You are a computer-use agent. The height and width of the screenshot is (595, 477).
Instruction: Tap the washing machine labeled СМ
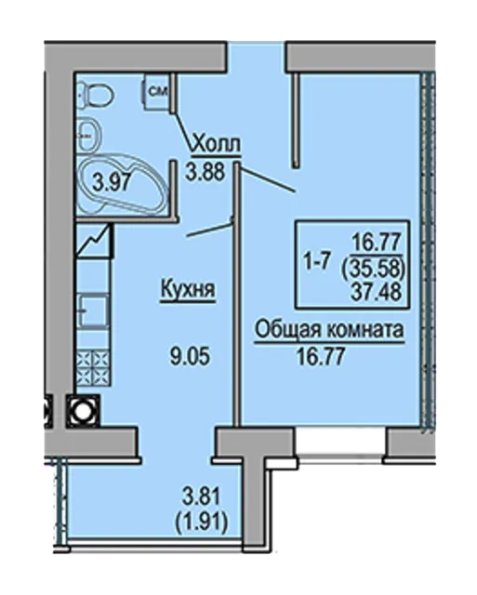click(155, 91)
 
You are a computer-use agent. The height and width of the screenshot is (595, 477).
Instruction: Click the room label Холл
click(217, 144)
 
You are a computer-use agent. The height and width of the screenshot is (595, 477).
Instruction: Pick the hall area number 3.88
click(205, 171)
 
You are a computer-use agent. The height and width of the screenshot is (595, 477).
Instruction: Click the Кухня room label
click(188, 289)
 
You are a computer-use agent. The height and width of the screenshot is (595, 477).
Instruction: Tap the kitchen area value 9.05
click(190, 356)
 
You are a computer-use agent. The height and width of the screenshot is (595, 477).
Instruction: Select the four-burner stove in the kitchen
click(93, 368)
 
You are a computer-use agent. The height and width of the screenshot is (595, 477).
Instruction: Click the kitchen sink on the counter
click(93, 311)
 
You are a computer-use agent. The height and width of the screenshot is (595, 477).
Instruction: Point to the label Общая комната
click(329, 330)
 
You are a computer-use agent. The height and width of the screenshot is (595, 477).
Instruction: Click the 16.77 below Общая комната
click(321, 356)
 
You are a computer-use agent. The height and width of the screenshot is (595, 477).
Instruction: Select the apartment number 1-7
click(315, 261)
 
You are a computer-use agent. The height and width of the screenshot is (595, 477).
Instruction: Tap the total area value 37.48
click(377, 293)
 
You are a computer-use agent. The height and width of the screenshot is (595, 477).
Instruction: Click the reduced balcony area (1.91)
click(202, 522)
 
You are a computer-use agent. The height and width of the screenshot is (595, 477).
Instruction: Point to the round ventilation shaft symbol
click(83, 411)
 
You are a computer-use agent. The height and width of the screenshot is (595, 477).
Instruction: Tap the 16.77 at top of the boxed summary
click(377, 241)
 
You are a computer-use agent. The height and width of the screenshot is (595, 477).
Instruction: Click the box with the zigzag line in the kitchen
click(95, 241)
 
